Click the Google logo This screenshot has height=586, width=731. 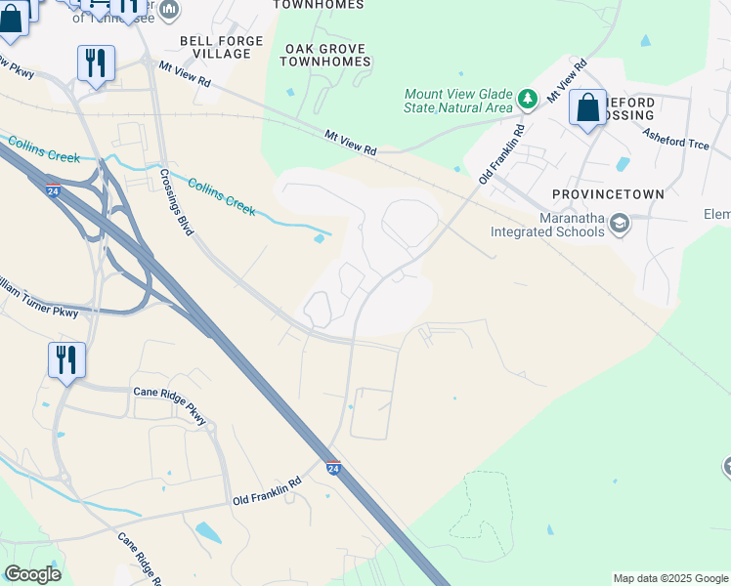point(32,574)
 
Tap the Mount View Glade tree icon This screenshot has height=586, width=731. point(528,99)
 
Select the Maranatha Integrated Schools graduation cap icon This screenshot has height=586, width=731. point(618,225)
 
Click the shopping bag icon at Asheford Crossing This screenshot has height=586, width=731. point(588,108)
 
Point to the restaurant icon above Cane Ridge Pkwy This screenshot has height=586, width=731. point(66,359)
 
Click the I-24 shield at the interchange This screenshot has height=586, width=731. point(53,189)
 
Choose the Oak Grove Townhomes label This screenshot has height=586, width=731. point(325,55)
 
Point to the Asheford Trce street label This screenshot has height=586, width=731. point(674,140)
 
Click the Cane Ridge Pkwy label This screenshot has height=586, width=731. point(171,404)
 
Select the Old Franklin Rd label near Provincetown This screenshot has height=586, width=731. point(500,154)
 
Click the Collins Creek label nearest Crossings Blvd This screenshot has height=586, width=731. point(221,197)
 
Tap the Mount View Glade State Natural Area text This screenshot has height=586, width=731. point(458,101)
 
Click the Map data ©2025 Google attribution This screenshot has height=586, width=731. point(669,578)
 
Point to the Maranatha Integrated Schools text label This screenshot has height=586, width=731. point(553,225)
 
